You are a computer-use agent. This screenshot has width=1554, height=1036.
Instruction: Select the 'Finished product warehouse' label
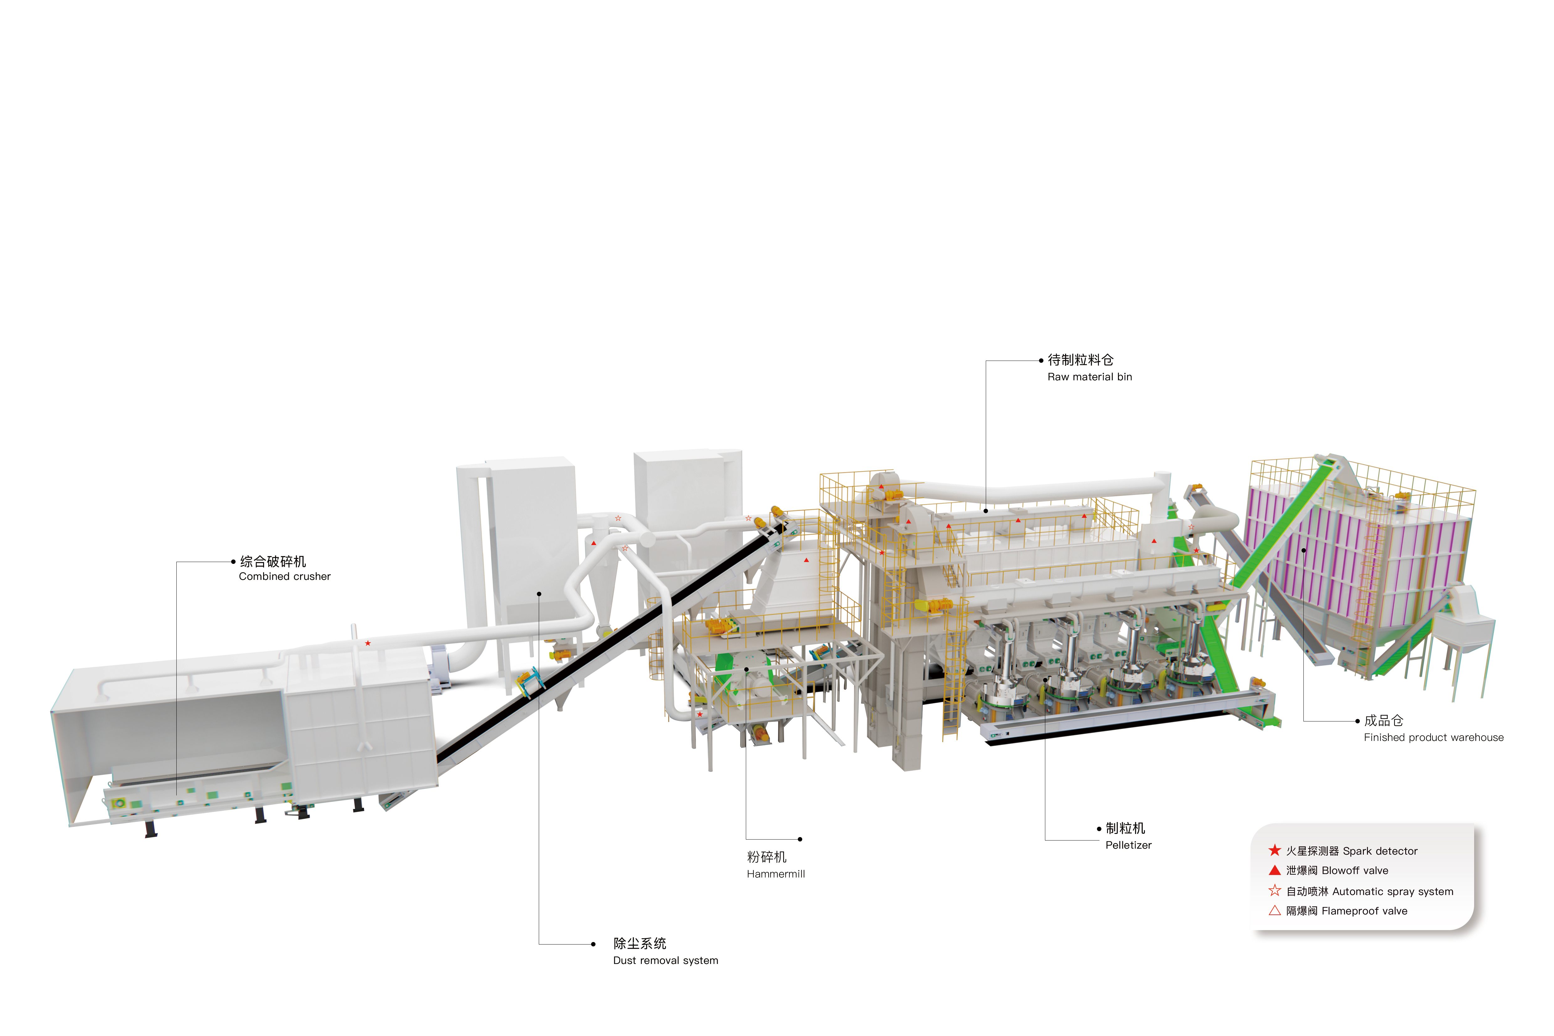1434,737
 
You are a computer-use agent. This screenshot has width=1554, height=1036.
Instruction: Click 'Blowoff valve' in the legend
1355,871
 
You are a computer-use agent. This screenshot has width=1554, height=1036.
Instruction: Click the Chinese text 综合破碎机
273,562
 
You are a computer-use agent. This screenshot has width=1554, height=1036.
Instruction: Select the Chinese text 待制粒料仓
1081,360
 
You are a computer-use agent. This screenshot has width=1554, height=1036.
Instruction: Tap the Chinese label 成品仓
1384,721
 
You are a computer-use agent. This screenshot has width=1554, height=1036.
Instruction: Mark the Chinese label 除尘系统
640,944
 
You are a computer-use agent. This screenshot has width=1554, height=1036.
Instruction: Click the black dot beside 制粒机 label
1099,829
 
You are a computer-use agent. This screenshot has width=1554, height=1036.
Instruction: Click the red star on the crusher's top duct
368,643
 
